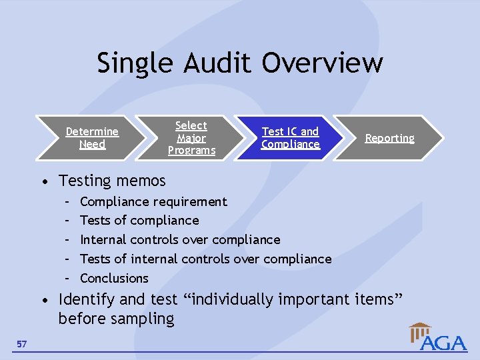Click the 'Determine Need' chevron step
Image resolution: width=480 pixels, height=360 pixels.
pyautogui.click(x=92, y=138)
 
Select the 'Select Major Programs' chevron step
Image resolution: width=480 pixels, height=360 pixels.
pyautogui.click(x=191, y=138)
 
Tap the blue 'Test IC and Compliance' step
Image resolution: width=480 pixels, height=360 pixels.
pyautogui.click(x=290, y=138)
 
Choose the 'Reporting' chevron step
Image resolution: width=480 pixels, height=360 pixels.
pyautogui.click(x=389, y=138)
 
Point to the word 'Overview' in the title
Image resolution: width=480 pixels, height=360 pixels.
pyautogui.click(x=323, y=63)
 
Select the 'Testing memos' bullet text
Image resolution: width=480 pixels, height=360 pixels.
pyautogui.click(x=112, y=181)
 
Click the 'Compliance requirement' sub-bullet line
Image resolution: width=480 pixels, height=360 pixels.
pyautogui.click(x=153, y=201)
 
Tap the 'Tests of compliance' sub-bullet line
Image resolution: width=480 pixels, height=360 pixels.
pyautogui.click(x=139, y=221)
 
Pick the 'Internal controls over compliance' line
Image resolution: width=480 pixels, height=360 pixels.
pyautogui.click(x=180, y=239)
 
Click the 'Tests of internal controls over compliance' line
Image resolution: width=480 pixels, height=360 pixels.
pyautogui.click(x=205, y=259)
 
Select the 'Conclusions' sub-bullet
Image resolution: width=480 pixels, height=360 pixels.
pyautogui.click(x=114, y=278)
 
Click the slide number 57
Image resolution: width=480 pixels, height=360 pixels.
pyautogui.click(x=22, y=344)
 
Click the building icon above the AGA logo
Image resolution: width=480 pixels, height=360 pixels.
pyautogui.click(x=420, y=331)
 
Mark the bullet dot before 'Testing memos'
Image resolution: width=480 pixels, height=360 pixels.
pyautogui.click(x=44, y=181)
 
